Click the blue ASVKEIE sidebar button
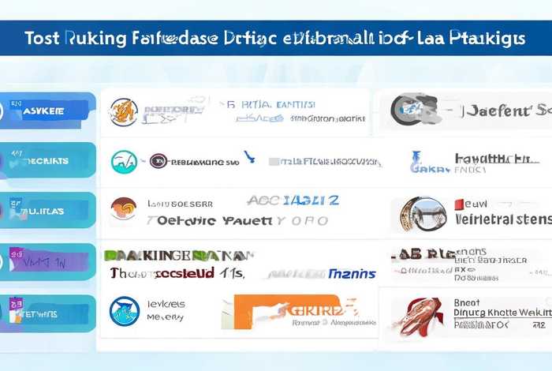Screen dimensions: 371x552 [49, 111]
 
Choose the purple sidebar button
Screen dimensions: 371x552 [49, 261]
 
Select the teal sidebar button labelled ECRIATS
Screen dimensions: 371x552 [49, 160]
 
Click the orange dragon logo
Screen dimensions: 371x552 [124, 112]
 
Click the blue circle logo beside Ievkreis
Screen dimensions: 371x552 [125, 310]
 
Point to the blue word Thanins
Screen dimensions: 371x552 [350, 273]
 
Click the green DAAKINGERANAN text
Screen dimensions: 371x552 [177, 256]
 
